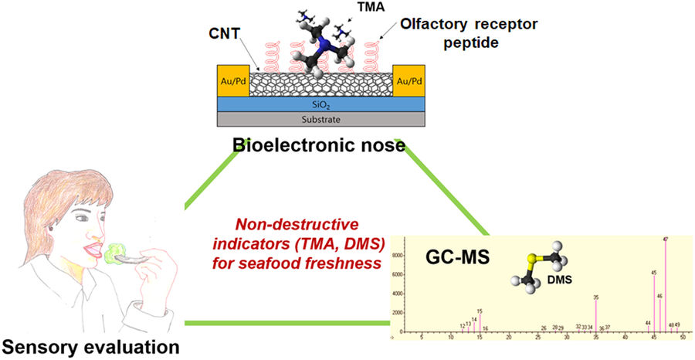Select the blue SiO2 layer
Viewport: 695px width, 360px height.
319,104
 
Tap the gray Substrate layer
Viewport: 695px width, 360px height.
319,119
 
